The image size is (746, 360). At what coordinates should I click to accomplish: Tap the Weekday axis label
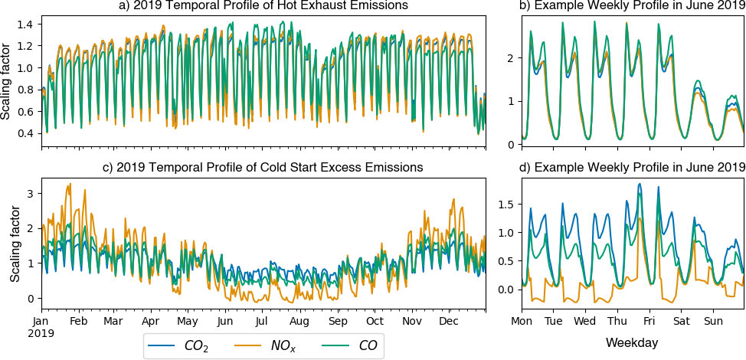tap(632, 341)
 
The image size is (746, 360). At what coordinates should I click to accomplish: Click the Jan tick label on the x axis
tap(41, 320)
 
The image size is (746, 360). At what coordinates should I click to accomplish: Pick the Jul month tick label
tap(261, 320)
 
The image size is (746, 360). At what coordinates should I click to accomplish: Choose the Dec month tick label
tap(450, 320)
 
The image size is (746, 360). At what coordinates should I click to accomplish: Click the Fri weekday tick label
tap(649, 320)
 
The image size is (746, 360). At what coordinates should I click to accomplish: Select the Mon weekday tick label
tap(521, 320)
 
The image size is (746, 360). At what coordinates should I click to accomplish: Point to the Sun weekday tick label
tap(713, 320)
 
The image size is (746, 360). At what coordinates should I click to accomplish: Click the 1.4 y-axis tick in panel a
tap(27, 25)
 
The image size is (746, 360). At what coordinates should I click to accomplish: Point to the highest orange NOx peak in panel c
tap(70, 184)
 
